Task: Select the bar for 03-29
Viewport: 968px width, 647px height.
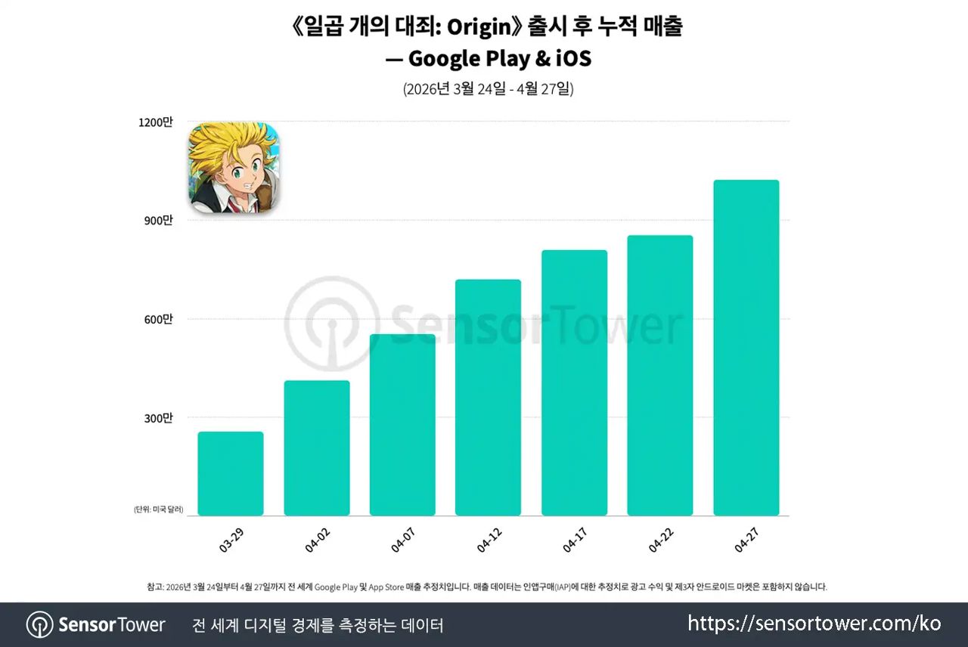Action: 231,474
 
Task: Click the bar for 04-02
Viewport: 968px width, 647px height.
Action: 317,448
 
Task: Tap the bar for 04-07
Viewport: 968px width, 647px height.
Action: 402,425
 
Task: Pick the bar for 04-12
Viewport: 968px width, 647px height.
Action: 488,398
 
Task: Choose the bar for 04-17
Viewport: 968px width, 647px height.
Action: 574,383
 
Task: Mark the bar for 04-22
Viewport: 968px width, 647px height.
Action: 660,376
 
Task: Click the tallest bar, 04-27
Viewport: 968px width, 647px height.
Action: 746,348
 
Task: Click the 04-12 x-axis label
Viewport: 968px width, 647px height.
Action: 490,540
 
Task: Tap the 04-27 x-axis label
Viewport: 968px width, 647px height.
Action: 747,540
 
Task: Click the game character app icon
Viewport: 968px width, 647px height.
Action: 234,168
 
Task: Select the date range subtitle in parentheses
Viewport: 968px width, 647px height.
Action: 488,88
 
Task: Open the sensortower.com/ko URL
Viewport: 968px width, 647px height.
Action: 814,624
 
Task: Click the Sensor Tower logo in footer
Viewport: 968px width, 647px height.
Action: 96,625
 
